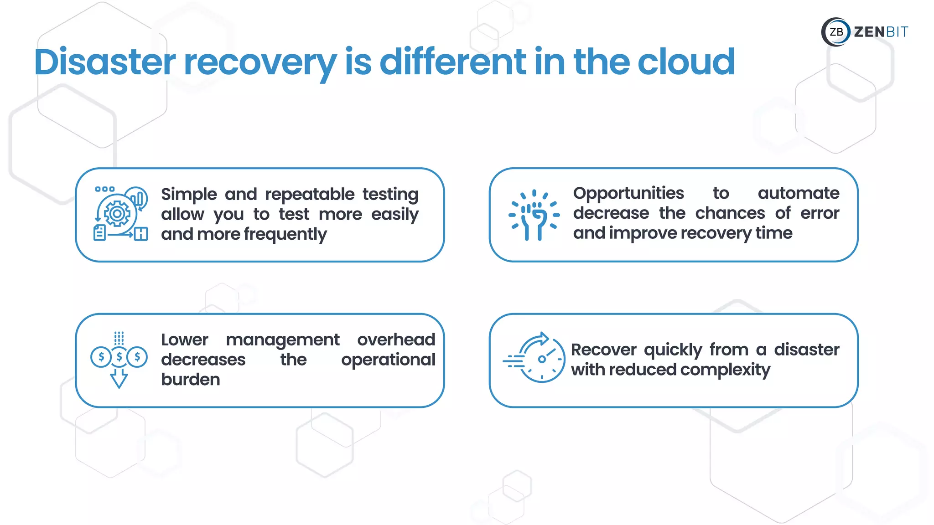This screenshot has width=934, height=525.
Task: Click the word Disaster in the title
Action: (105, 62)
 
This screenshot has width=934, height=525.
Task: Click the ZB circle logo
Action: (836, 32)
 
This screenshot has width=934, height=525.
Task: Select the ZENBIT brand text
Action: (881, 32)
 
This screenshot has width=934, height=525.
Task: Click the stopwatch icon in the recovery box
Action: (541, 358)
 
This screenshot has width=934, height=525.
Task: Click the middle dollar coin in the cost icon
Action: (119, 357)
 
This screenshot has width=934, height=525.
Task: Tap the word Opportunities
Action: (628, 193)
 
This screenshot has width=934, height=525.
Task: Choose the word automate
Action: (798, 193)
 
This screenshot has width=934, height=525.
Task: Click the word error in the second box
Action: (820, 213)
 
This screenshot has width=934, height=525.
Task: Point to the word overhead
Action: (396, 340)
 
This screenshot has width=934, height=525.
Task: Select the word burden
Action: (191, 380)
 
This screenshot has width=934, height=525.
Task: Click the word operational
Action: (388, 360)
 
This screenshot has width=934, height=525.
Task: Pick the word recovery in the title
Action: (260, 62)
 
